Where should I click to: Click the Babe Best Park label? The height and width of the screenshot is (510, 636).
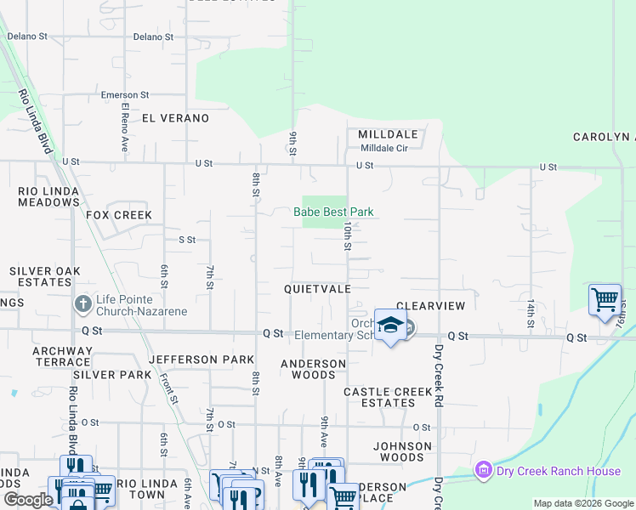[333, 212]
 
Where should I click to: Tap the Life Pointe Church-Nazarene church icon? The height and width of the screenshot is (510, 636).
[82, 303]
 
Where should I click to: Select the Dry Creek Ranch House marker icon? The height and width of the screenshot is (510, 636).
[483, 469]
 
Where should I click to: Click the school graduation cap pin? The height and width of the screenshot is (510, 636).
[390, 326]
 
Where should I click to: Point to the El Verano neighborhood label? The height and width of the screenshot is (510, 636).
[175, 118]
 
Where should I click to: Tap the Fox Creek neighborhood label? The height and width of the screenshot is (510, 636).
[119, 215]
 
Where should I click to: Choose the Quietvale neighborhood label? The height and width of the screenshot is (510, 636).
[317, 289]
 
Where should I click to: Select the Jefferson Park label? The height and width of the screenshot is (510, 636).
[202, 360]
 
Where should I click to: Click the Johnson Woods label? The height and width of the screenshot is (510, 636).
[402, 451]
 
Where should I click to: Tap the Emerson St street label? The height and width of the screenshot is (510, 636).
[125, 95]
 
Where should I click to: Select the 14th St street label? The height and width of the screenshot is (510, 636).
[530, 312]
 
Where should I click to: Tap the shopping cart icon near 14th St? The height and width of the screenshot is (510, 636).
[605, 298]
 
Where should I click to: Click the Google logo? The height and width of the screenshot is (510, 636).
[28, 500]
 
